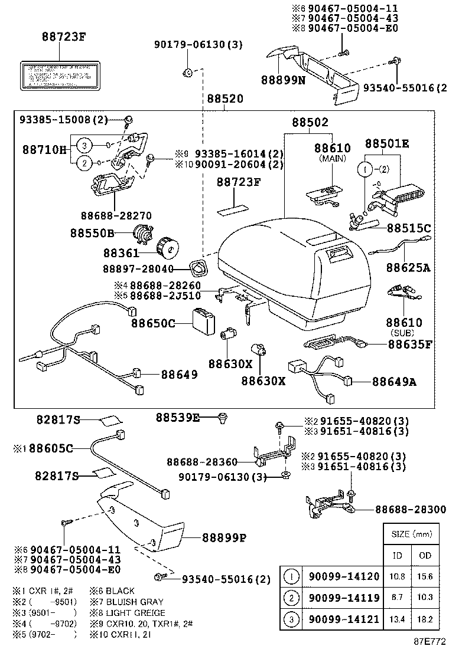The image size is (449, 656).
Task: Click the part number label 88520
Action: (224, 99)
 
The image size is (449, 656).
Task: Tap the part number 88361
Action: (121, 253)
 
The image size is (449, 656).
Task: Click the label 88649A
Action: (394, 382)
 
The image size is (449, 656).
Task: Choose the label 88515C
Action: (409, 228)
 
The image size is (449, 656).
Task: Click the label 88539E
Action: (177, 418)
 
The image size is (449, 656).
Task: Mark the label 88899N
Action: (283, 78)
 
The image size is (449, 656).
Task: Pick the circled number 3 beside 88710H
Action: (84, 145)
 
